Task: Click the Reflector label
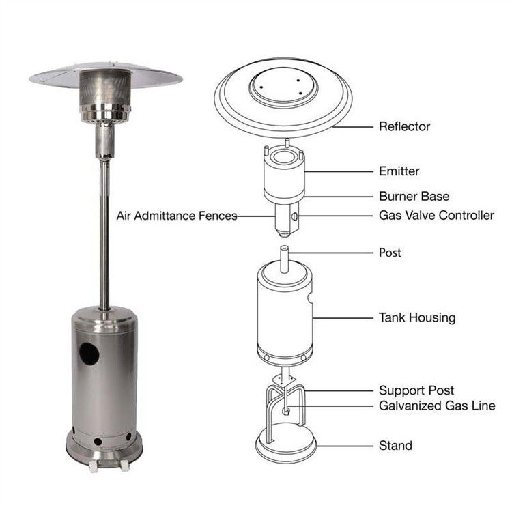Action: (404, 126)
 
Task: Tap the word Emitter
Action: (399, 171)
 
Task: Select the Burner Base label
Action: (414, 196)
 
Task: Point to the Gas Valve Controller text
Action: (436, 216)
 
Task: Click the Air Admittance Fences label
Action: (177, 216)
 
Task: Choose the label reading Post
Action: (390, 253)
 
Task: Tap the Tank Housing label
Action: (417, 317)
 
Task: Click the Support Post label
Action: (416, 390)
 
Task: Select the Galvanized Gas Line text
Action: (437, 406)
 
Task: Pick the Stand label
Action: (395, 446)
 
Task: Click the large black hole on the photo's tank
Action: (89, 354)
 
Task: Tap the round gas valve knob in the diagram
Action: (294, 216)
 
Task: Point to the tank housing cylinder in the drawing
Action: (285, 313)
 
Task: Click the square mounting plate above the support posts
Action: (284, 379)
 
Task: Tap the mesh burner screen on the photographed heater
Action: (105, 88)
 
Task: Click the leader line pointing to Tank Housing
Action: (343, 317)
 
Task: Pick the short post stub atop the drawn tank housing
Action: (285, 260)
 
